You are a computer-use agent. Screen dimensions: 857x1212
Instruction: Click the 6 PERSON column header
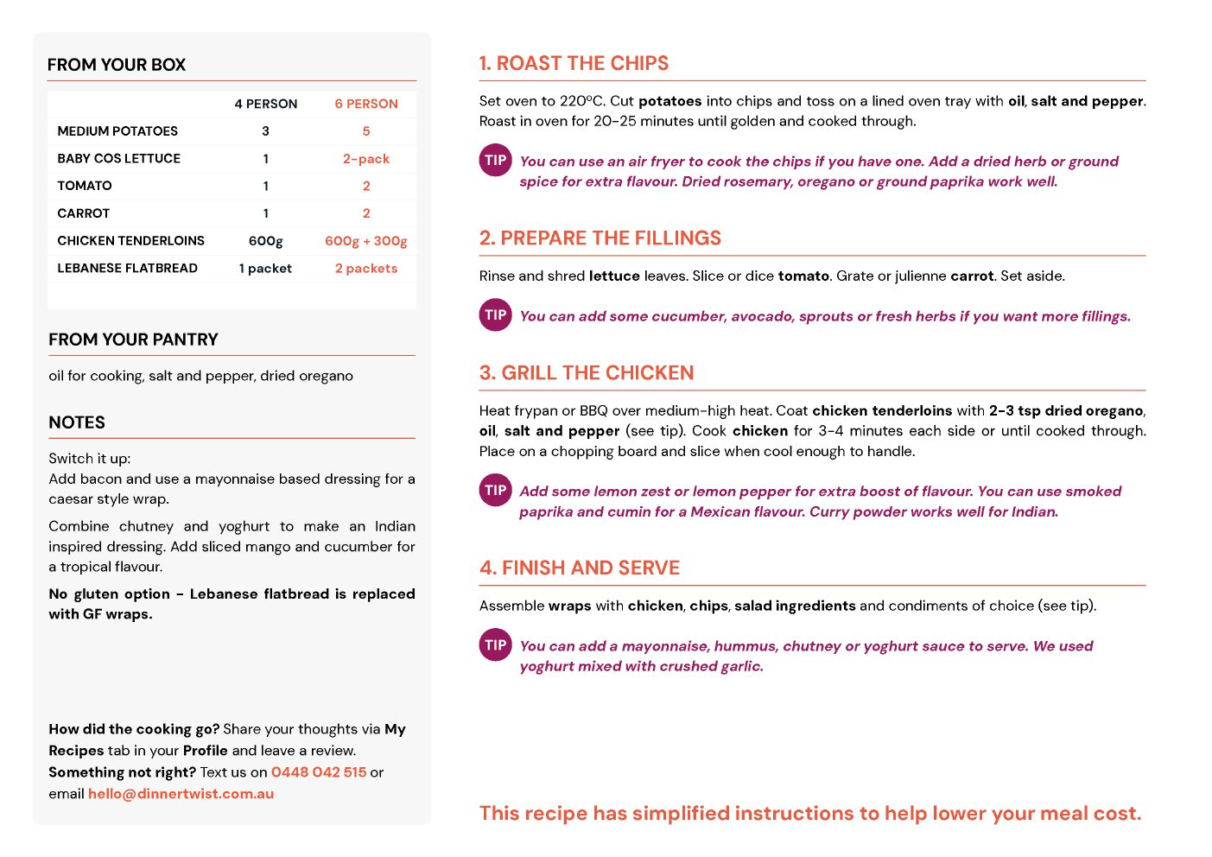tap(366, 104)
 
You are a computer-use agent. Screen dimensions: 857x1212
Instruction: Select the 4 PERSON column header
tap(265, 104)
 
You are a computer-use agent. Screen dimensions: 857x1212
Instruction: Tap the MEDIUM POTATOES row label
tap(117, 131)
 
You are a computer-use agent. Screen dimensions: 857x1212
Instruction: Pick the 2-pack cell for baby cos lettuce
tap(366, 159)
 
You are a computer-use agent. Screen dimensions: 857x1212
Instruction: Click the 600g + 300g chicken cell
tap(366, 241)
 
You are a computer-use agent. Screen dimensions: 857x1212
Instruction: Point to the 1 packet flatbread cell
tap(265, 269)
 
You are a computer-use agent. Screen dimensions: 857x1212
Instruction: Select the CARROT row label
tap(84, 213)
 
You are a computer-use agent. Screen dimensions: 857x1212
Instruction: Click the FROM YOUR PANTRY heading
tap(133, 340)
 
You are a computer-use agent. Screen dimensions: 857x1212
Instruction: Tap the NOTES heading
tap(77, 422)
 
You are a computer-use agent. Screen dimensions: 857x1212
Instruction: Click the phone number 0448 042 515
tap(319, 772)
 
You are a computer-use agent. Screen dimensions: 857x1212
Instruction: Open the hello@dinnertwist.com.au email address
tap(181, 794)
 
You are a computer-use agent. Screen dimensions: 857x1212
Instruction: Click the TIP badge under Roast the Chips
tap(496, 161)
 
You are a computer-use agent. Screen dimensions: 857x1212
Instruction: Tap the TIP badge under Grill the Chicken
tap(496, 491)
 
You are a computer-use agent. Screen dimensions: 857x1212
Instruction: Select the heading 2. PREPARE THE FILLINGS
tap(600, 238)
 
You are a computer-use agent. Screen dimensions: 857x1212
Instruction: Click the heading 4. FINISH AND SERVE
tap(580, 568)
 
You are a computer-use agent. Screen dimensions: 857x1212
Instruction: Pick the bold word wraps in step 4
tap(570, 606)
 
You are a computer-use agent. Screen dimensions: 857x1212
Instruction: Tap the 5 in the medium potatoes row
tap(366, 131)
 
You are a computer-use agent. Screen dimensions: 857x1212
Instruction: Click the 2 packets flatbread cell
tap(366, 269)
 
